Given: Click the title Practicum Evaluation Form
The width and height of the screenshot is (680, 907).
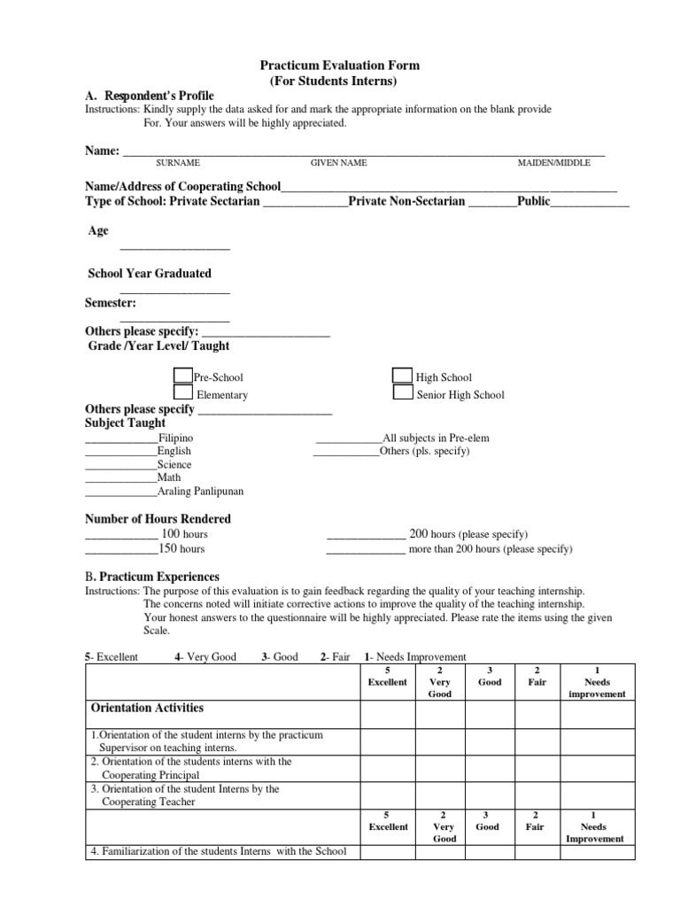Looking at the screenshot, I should [x=339, y=66].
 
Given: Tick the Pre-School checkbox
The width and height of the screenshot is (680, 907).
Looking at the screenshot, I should [x=182, y=376].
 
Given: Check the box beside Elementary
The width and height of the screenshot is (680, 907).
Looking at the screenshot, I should [x=182, y=392].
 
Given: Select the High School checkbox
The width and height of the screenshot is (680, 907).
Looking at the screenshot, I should [x=402, y=376].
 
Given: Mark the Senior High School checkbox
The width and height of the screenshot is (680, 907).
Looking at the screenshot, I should [x=402, y=392].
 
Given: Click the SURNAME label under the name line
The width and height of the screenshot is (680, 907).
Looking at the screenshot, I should [x=178, y=164].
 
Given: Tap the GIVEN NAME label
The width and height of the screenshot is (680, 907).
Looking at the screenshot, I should [x=338, y=164].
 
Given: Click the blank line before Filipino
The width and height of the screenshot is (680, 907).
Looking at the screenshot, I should [x=121, y=439].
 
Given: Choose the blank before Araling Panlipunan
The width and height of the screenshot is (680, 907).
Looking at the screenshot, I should [x=121, y=492].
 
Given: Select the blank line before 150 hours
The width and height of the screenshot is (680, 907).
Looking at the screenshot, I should [x=121, y=550].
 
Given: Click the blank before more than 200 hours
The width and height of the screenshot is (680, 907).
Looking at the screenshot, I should [x=366, y=550].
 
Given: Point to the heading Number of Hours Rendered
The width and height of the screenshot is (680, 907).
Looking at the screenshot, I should [x=158, y=519].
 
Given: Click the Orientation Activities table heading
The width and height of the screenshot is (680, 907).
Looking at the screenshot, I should [x=147, y=708].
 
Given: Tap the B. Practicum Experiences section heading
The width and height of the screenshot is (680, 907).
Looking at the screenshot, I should [x=152, y=577].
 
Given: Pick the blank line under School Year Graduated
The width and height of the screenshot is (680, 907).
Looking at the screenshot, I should [x=174, y=291].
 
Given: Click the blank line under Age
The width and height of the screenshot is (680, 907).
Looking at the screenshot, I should [x=174, y=248].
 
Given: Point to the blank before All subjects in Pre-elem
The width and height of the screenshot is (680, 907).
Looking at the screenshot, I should [x=349, y=439].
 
